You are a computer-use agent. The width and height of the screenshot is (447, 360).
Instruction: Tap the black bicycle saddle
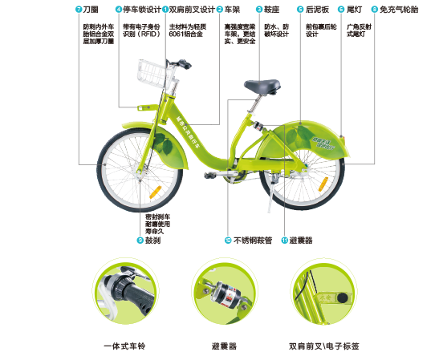[263, 85]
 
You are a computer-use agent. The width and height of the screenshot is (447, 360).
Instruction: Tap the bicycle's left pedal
[210, 173]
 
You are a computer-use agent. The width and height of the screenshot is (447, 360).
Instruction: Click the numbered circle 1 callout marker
[165, 10]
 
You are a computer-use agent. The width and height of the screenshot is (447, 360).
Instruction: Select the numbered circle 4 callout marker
[119, 10]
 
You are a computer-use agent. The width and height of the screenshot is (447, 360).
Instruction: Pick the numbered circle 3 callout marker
[259, 10]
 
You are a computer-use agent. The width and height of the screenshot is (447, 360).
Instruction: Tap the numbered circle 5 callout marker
[300, 10]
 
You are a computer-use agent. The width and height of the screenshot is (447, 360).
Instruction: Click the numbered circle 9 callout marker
[139, 240]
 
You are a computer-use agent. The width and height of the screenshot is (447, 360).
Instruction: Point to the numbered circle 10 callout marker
[228, 240]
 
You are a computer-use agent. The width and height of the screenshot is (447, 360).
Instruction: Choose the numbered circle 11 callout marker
[285, 240]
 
